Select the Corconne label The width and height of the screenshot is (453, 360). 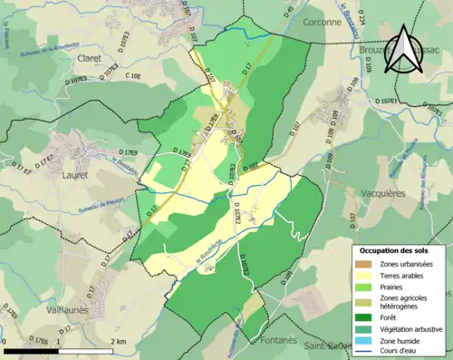coord(323,20)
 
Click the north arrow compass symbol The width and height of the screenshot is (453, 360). coord(405,49)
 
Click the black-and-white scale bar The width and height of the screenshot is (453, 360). coord(56,350)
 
